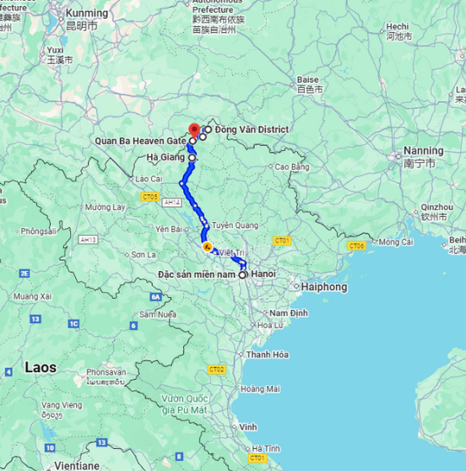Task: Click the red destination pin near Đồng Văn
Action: click(194, 130)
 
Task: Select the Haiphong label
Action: click(323, 287)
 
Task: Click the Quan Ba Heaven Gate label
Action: click(140, 140)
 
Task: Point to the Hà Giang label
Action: click(165, 157)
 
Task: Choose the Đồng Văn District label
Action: click(252, 129)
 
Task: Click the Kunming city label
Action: click(87, 14)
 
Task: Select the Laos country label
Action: click(41, 368)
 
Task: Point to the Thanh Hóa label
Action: click(268, 355)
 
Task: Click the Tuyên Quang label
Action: click(234, 225)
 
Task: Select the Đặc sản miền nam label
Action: click(198, 274)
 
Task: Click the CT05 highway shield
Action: click(151, 197)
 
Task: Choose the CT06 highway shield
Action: click(356, 246)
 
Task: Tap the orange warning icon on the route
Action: click(207, 247)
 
